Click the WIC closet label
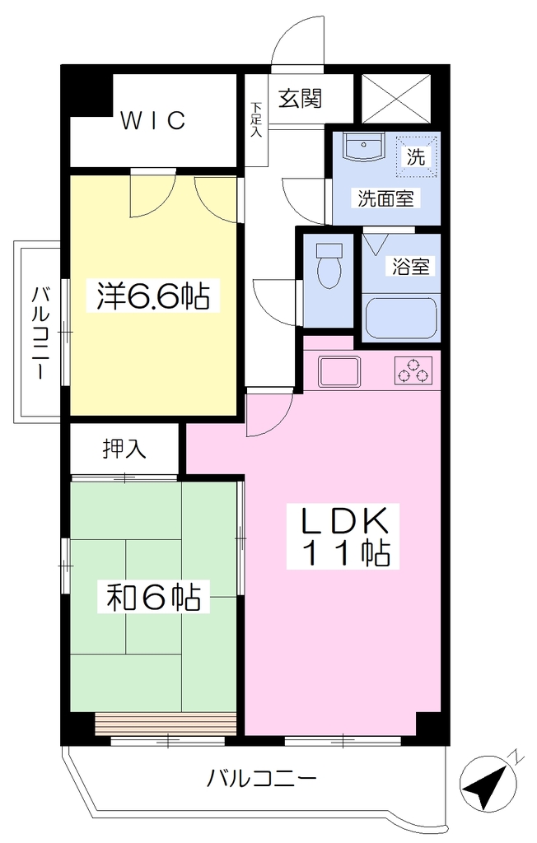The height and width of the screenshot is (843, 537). (153, 120)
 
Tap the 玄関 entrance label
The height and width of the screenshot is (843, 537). (301, 99)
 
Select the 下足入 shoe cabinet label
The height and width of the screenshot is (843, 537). (256, 119)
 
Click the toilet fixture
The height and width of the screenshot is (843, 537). (329, 266)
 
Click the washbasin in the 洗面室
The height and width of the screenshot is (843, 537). (364, 147)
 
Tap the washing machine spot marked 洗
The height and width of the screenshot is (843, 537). (415, 156)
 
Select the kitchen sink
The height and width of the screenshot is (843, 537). (339, 371)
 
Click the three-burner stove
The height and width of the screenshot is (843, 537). (413, 370)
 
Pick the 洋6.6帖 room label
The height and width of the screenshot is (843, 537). (153, 296)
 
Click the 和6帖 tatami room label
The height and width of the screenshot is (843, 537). (154, 596)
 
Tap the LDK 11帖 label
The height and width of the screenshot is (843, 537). (343, 536)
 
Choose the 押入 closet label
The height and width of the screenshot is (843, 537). (124, 449)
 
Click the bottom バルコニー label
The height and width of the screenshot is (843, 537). (262, 777)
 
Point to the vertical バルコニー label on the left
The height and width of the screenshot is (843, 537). (40, 333)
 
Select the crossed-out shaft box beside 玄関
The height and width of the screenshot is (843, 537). (396, 99)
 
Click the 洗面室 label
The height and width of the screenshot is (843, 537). (385, 199)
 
